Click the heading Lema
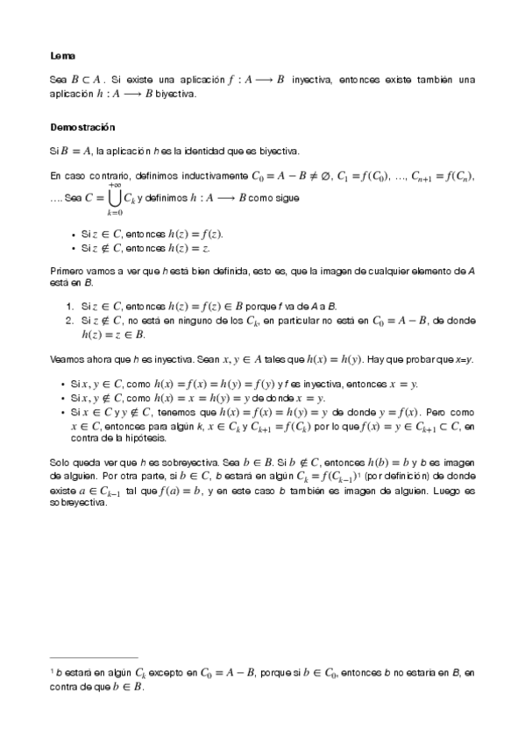pyautogui.click(x=63, y=56)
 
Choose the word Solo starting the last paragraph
pyautogui.click(x=60, y=461)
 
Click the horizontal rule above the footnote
pyautogui.click(x=95, y=656)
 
